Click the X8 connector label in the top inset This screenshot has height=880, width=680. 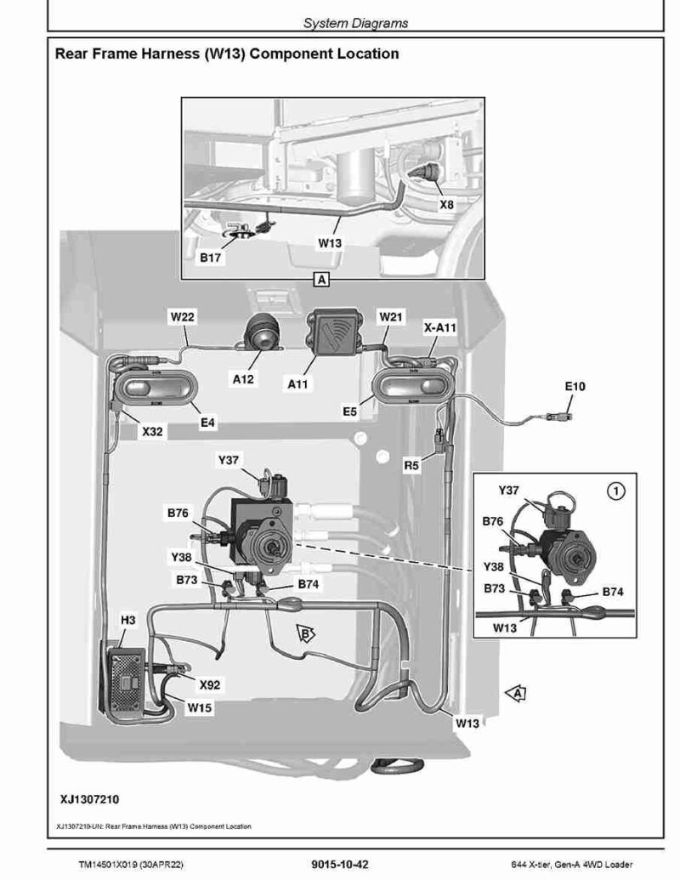446,206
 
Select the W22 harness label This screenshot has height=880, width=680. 183,317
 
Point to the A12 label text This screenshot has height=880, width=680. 244,379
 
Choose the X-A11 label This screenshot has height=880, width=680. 440,326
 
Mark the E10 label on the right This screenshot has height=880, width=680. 575,386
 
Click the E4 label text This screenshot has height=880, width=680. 209,422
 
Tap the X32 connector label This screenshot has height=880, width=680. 152,432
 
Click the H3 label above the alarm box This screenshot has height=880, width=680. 127,621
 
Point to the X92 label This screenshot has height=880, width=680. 209,684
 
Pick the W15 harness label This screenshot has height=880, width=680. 201,707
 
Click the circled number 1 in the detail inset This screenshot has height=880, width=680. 616,490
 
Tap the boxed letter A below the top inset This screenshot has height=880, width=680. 320,279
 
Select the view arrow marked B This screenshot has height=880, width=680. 304,632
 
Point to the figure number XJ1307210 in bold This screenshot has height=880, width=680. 89,800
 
